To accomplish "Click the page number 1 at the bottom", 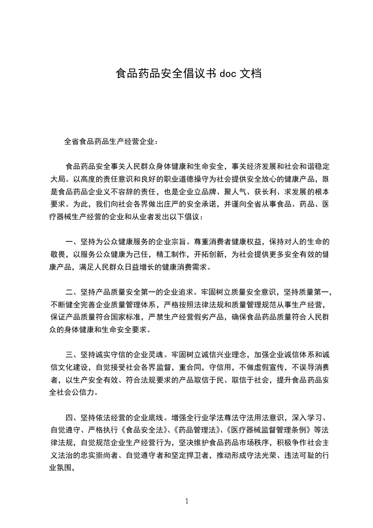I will [x=187, y=501].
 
